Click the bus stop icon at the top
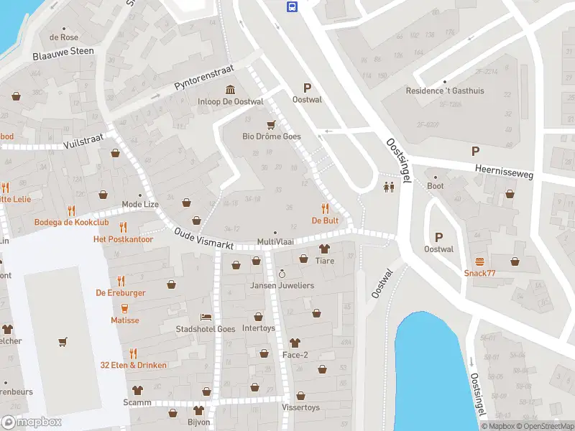click(x=292, y=7)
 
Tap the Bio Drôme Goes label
click(x=271, y=136)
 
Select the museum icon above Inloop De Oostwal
click(x=230, y=89)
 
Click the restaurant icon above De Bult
click(x=325, y=208)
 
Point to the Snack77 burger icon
click(x=479, y=261)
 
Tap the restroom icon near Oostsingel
click(x=389, y=187)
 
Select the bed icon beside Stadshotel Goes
click(x=206, y=317)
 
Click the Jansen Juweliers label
click(x=282, y=286)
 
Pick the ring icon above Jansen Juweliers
click(x=282, y=274)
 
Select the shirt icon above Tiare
click(x=324, y=249)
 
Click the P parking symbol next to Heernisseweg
click(x=474, y=151)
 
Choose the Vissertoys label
click(x=300, y=407)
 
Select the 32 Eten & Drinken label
click(x=134, y=366)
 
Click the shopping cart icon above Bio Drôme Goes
click(x=271, y=124)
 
